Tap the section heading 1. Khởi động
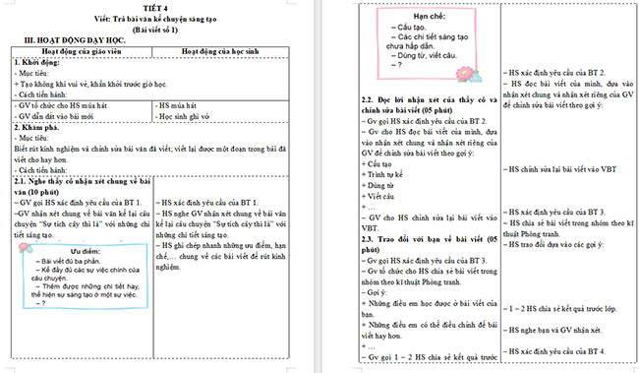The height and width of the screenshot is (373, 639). point(38,61)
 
